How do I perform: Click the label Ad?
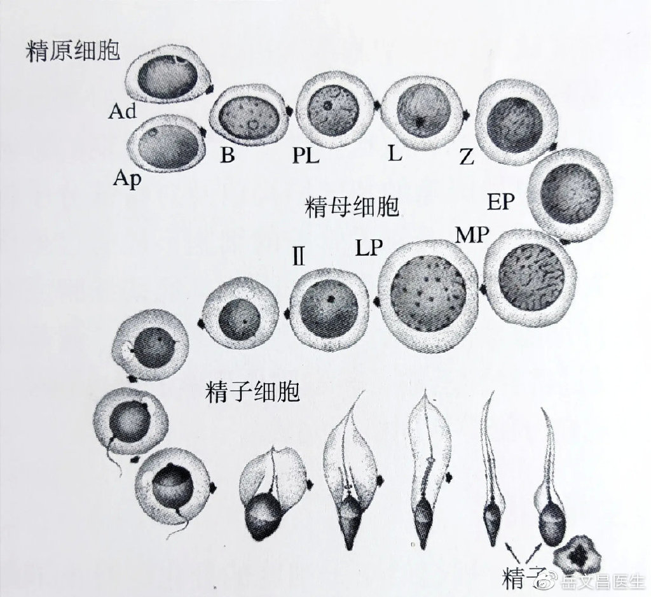pos(122,111)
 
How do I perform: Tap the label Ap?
pos(127,179)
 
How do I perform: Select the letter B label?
pos(228,155)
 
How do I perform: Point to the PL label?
pos(306,155)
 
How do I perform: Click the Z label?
pos(467,157)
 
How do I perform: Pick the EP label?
pos(501,202)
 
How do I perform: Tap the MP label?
pos(472,235)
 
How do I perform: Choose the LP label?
pos(369,248)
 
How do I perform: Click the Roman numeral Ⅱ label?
pos(299,256)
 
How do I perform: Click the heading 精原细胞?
pos(73,51)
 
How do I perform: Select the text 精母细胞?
pos(352,207)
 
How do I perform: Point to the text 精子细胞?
pos(252,392)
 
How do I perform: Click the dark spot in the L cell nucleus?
pos(421,122)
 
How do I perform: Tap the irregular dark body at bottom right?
pos(577,554)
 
